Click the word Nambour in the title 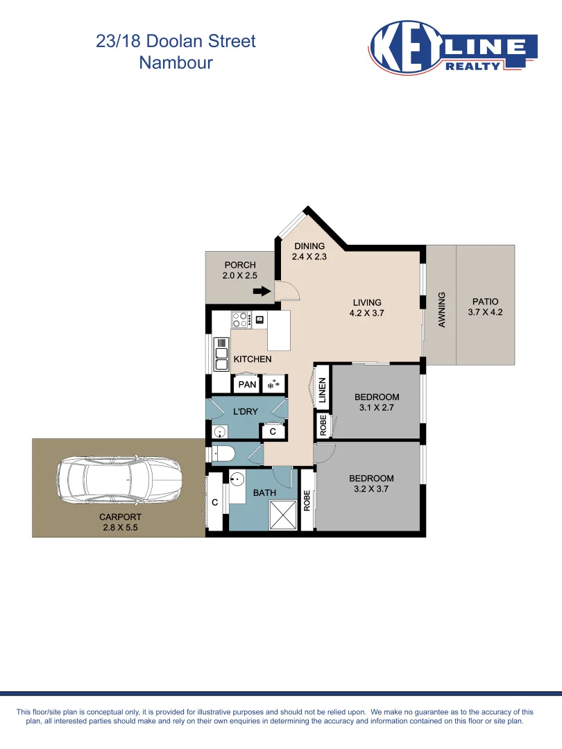176,62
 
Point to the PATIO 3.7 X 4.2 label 485,307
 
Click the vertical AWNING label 441,309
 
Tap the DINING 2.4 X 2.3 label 309,251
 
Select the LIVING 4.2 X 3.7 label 367,307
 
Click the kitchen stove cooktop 241,320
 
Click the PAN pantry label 247,384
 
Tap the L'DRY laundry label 245,411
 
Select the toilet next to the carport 223,454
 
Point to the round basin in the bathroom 237,479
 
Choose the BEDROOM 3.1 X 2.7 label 377,402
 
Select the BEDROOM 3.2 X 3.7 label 371,483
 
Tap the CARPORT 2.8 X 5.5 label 120,522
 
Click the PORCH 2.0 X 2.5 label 240,270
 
